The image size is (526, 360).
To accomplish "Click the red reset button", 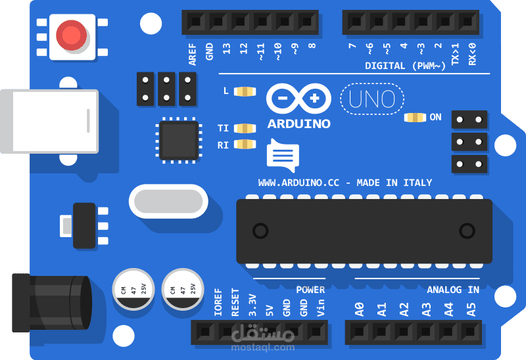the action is click(x=71, y=35).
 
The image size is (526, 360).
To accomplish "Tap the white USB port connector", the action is click(x=49, y=122).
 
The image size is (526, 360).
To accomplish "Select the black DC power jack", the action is click(x=52, y=303).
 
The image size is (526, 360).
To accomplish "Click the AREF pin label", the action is click(x=192, y=55).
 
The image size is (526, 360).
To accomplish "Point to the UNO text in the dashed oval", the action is click(x=372, y=99).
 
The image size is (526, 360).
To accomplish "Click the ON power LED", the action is click(x=415, y=118).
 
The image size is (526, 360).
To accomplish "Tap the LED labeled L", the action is click(x=245, y=91).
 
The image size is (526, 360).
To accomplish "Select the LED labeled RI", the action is click(x=245, y=144).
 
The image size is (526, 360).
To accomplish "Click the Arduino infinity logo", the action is click(x=299, y=99).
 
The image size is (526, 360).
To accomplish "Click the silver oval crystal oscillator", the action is click(x=168, y=201).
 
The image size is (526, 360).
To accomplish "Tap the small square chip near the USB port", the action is click(x=179, y=141).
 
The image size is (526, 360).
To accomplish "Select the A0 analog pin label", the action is click(x=359, y=309).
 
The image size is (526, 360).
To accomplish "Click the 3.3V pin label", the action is click(x=252, y=305).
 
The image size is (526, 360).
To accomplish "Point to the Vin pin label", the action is click(x=321, y=307).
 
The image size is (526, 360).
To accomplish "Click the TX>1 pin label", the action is click(x=455, y=54).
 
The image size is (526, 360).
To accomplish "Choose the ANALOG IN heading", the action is click(x=453, y=290).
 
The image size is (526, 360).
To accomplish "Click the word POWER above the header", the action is click(x=310, y=290).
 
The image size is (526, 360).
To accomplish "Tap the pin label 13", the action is click(x=226, y=49).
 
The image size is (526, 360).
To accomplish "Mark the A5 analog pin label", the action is click(x=471, y=309).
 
